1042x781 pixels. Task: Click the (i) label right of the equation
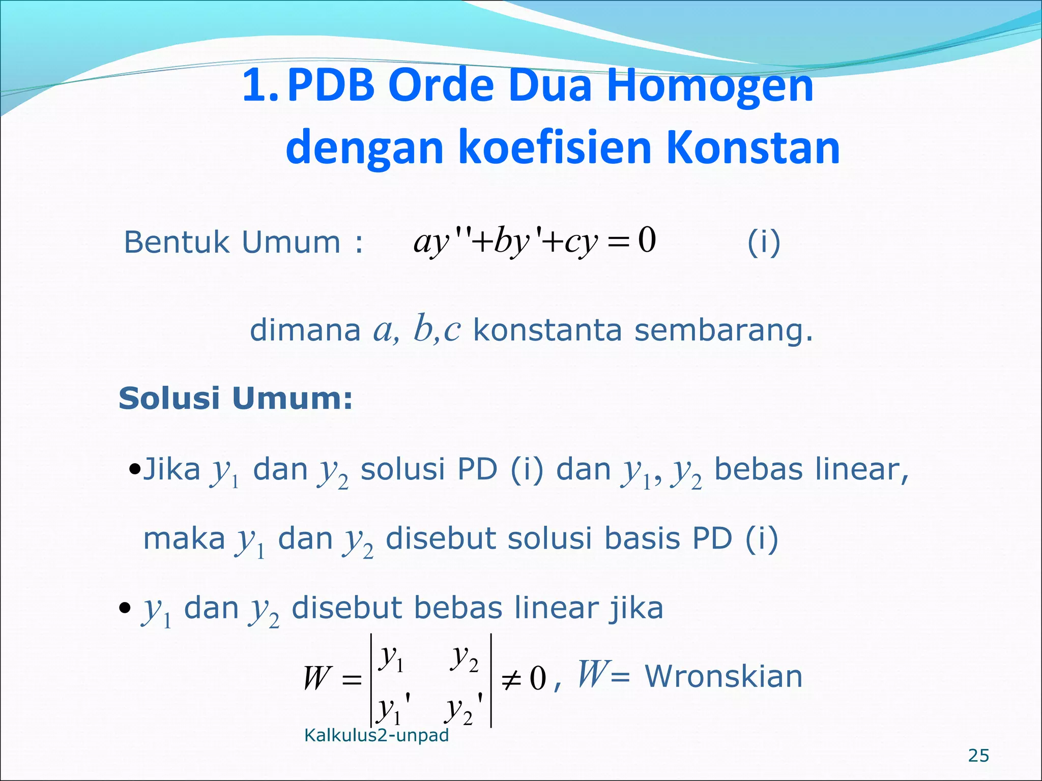[764, 243]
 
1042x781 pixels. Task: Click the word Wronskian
[723, 677]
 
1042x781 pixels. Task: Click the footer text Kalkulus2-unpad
[376, 735]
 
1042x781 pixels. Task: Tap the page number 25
[978, 756]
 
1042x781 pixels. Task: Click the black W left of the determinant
[316, 679]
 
